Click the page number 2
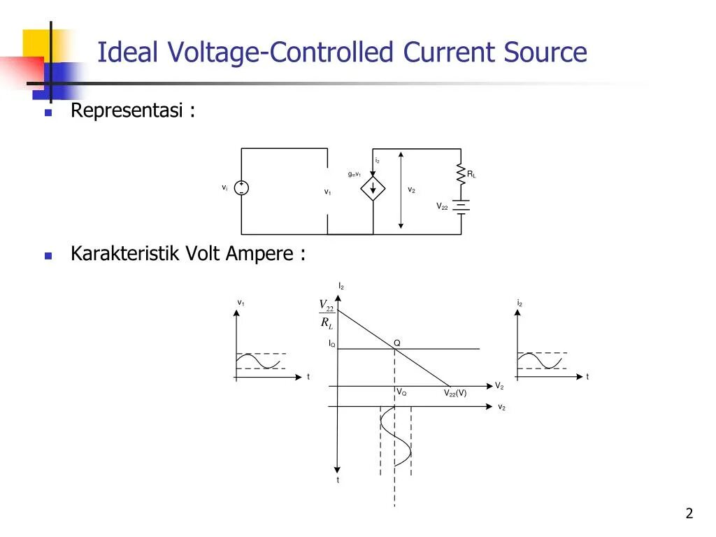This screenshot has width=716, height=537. point(689,514)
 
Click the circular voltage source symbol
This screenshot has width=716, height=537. point(241,188)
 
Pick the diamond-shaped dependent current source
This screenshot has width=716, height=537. point(373,188)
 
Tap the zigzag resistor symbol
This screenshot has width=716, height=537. point(461,174)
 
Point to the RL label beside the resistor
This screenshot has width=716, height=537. point(472,174)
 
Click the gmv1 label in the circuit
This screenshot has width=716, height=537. point(355,174)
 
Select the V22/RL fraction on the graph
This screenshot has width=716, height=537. point(327,314)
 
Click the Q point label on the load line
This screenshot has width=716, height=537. point(396,343)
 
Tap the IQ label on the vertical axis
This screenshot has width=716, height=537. point(331,344)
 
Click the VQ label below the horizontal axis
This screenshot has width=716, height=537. point(401,393)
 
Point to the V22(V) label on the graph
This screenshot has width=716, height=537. point(455,393)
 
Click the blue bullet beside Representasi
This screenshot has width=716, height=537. point(48,113)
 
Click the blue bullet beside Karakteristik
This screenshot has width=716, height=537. point(48,255)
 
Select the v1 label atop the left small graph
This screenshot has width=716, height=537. point(241,303)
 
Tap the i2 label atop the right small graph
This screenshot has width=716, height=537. point(520,303)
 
